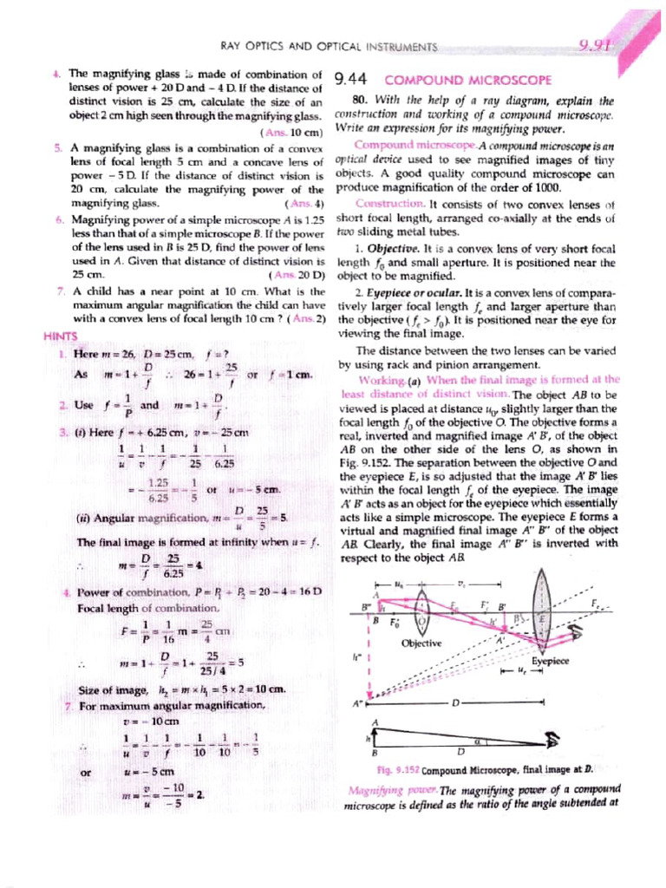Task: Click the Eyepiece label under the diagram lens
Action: pyautogui.click(x=550, y=660)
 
